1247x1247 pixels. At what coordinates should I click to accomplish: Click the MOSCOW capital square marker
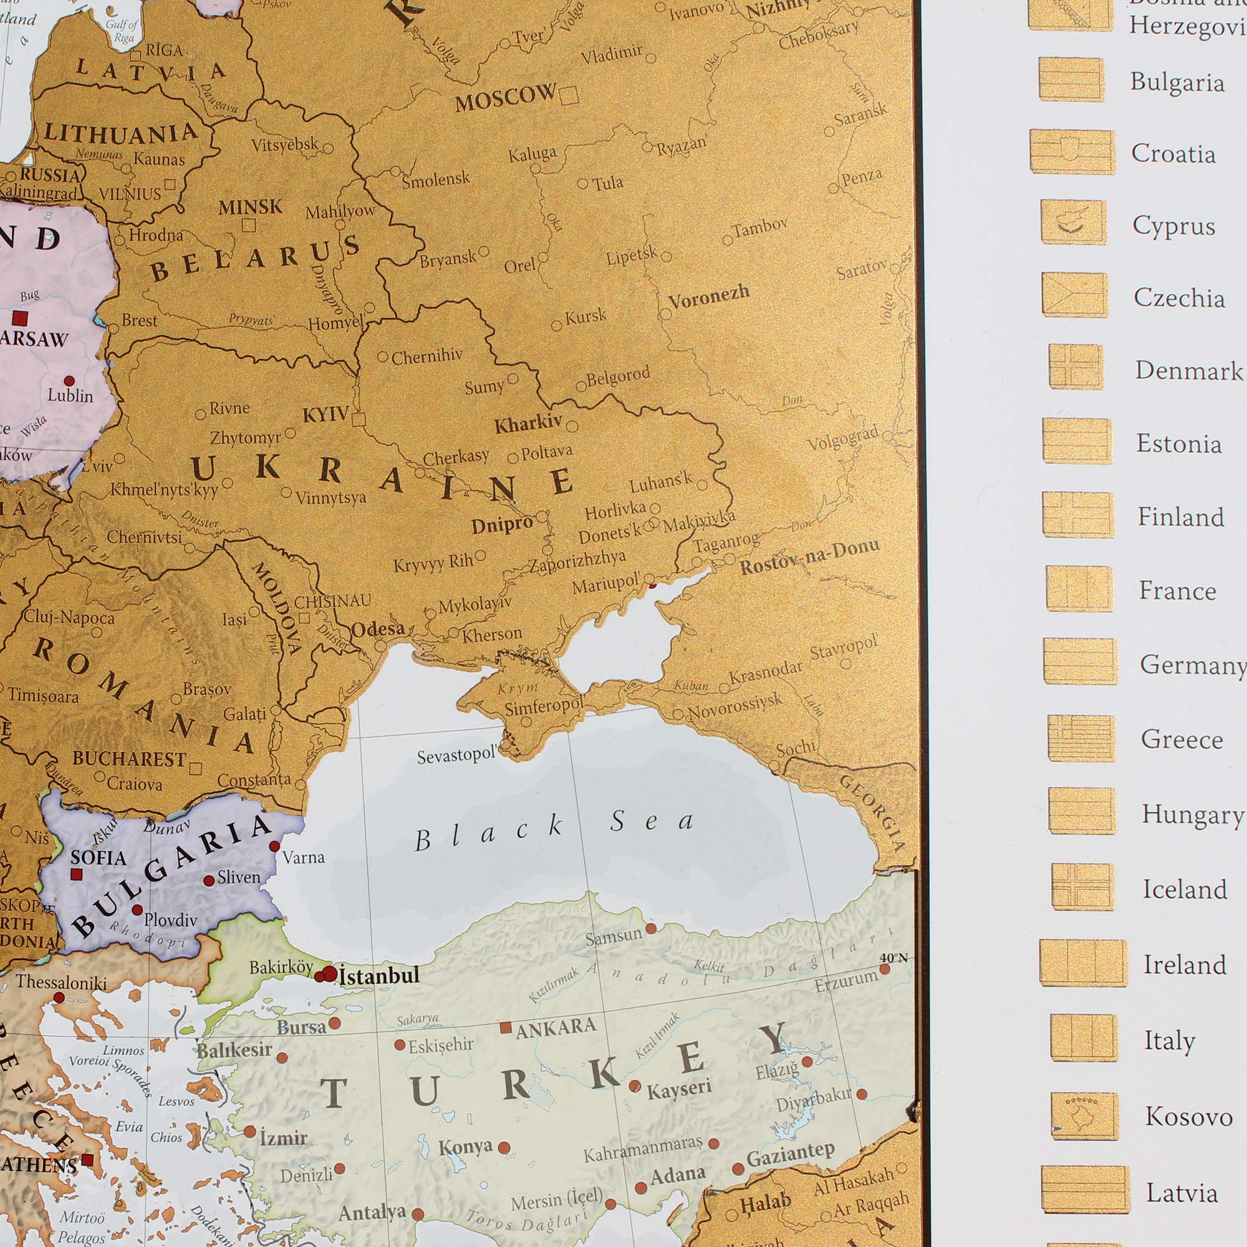[x=569, y=96]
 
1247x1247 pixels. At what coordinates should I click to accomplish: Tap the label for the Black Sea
[x=554, y=829]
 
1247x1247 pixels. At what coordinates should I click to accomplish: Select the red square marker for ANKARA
[x=506, y=1028]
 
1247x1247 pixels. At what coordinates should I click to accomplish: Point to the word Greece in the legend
[x=1181, y=739]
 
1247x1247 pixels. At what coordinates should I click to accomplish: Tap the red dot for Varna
[x=274, y=846]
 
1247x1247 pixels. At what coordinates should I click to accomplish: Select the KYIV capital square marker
[x=359, y=420]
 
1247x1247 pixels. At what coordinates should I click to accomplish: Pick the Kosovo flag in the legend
[x=1084, y=1115]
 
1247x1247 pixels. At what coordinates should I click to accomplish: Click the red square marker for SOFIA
[x=76, y=875]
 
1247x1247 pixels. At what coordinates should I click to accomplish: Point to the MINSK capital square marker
[x=249, y=225]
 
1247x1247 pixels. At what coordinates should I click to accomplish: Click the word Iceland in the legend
[x=1185, y=890]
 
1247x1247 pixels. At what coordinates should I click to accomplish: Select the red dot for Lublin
[x=70, y=381]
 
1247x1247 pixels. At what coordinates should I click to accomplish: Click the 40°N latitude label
[x=893, y=958]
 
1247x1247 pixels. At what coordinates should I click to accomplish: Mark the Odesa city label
[x=378, y=628]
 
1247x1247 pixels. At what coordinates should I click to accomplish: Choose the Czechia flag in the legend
[x=1075, y=295]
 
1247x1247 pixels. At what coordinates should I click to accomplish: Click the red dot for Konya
[x=504, y=1148]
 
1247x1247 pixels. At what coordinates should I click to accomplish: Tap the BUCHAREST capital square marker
[x=196, y=768]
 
